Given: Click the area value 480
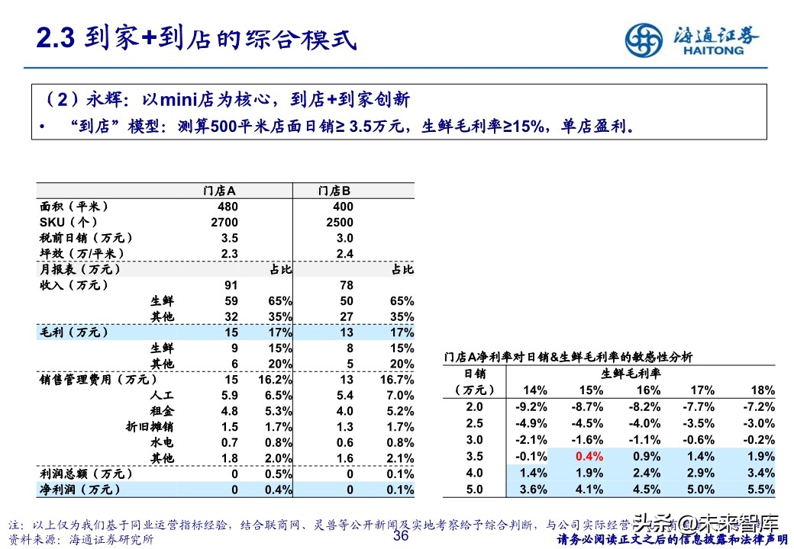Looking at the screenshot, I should point(228,207).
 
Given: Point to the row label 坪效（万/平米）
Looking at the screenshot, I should point(82,253).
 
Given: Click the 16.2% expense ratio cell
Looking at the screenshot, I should point(276,380).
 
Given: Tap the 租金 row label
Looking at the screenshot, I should point(162,411).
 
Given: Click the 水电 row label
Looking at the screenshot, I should point(162,442).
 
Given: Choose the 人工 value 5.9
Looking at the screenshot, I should point(229,396).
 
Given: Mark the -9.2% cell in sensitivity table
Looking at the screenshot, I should point(531,407).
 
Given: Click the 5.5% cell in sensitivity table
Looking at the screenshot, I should point(759,490).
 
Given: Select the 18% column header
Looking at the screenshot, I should point(763,390).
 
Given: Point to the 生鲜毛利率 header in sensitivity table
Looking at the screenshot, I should point(631,374).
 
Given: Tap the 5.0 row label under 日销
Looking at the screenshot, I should point(474,490).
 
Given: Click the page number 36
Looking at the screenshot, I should point(401,536).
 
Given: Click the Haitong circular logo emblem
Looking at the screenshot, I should point(645,41).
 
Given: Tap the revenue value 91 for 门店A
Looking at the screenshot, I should point(231,284).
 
